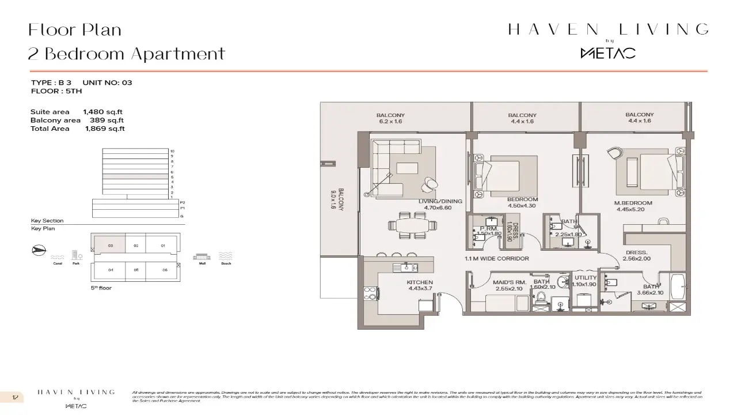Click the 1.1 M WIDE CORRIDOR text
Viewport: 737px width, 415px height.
point(496,259)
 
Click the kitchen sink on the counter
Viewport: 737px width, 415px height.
point(407,267)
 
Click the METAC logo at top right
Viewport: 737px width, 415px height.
point(607,53)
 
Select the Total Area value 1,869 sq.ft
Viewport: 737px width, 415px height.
point(104,129)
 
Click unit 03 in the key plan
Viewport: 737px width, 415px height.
point(110,246)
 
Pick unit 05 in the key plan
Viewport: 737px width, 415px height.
point(136,269)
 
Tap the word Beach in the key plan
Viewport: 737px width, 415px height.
point(226,263)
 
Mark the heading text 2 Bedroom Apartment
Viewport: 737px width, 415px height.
point(127,54)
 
